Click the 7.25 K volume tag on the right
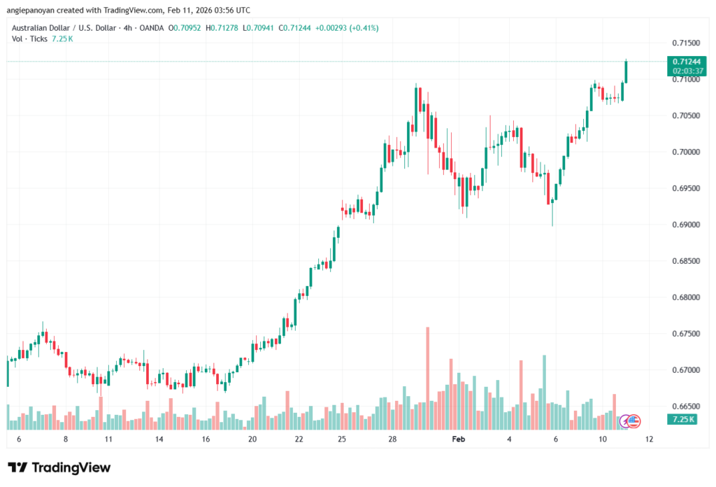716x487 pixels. (680, 420)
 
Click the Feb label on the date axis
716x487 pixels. (459, 439)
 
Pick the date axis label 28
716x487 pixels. (393, 439)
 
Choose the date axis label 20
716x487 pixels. (252, 439)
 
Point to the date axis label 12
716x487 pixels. (649, 439)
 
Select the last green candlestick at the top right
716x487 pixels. (626, 71)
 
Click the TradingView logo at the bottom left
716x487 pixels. (59, 467)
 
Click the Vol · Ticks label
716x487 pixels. (27, 38)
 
